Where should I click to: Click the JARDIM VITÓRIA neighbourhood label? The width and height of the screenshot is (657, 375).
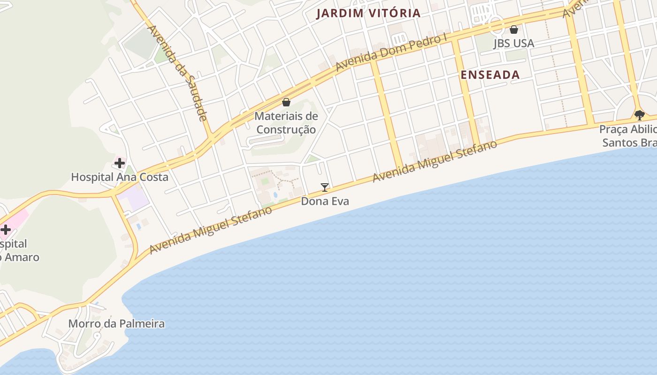tap(368, 13)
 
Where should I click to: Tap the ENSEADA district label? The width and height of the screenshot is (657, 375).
tap(490, 75)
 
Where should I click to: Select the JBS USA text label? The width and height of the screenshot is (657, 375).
tap(513, 43)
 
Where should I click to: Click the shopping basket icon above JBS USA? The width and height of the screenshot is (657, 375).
tap(514, 30)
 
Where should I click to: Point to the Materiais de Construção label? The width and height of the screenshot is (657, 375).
tap(286, 122)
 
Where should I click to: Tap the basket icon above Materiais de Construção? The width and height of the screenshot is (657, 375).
tap(286, 102)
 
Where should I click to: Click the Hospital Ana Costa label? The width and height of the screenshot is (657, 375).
tap(119, 177)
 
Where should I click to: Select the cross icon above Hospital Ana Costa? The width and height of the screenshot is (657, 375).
tap(120, 163)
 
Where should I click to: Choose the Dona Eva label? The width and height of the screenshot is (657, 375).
tap(325, 201)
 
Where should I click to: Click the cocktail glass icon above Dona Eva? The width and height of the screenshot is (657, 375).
tap(324, 187)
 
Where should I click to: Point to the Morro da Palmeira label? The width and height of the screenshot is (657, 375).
tap(116, 323)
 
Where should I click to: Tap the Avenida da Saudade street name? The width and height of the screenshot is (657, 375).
tap(178, 73)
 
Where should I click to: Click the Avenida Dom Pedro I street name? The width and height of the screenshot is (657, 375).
tap(391, 52)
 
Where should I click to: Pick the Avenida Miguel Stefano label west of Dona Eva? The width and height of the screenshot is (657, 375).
tap(211, 230)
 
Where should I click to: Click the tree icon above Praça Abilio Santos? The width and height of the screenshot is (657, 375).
tap(639, 114)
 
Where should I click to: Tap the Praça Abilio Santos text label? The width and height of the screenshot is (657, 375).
tap(628, 135)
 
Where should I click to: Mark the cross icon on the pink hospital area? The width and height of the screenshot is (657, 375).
tap(6, 230)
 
